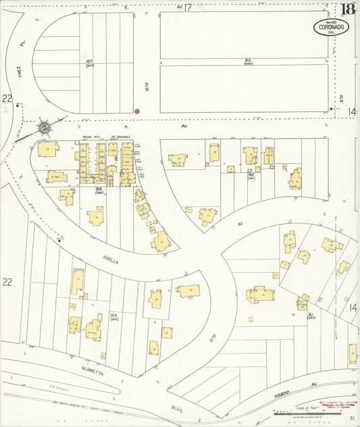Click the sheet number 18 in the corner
tap(348, 9)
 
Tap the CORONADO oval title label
tap(332, 28)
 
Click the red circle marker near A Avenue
tap(137, 110)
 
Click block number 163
tap(248, 61)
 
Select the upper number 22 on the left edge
tap(7, 99)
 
